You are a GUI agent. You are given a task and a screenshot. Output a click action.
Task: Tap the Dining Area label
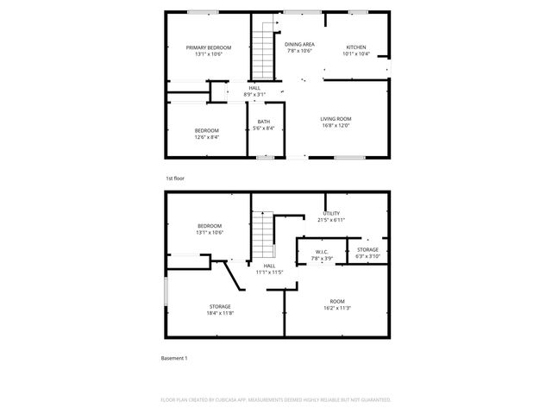click(x=299, y=47)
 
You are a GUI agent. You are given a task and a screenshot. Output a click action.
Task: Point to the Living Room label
click(x=336, y=122)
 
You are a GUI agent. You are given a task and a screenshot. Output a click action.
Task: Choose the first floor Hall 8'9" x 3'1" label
click(x=254, y=91)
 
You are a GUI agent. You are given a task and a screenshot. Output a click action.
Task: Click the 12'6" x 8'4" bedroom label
click(x=206, y=134)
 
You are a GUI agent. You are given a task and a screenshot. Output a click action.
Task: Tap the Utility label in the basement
click(x=332, y=216)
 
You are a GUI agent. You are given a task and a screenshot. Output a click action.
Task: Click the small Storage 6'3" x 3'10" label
click(x=367, y=253)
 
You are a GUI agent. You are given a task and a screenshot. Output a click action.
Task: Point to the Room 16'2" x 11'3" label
click(x=336, y=304)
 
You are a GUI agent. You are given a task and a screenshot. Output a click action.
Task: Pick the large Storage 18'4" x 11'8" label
click(x=220, y=310)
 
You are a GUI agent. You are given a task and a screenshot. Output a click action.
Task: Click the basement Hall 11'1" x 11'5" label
click(x=269, y=269)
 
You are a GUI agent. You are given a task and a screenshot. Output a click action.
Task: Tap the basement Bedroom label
click(x=209, y=229)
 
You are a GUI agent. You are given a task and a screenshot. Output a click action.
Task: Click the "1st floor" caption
click(x=175, y=179)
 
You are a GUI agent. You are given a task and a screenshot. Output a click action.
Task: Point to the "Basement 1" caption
click(x=174, y=358)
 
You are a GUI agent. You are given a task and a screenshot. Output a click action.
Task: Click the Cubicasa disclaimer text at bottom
click(x=276, y=400)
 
